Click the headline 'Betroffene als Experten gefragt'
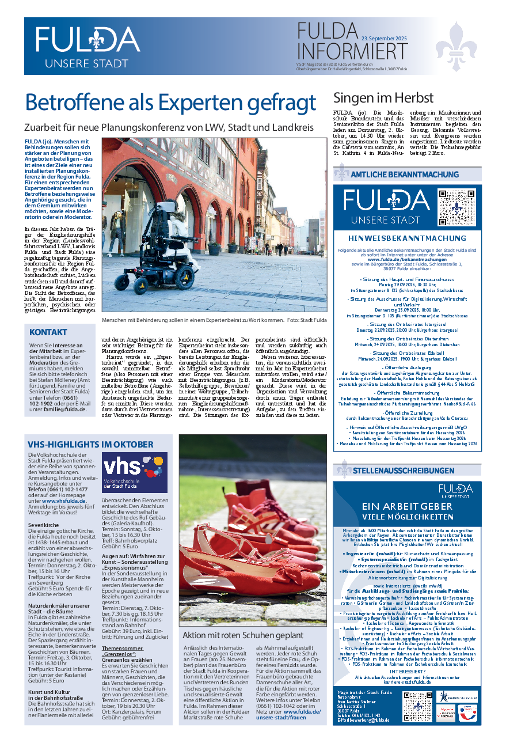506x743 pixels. click(x=171, y=103)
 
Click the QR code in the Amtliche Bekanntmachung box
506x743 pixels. click(x=458, y=208)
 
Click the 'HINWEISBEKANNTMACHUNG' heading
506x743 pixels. click(x=407, y=238)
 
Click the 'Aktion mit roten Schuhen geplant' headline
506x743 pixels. click(x=242, y=635)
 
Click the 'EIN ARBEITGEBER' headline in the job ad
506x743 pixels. click(x=407, y=506)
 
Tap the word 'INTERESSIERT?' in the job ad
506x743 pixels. click(x=407, y=671)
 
